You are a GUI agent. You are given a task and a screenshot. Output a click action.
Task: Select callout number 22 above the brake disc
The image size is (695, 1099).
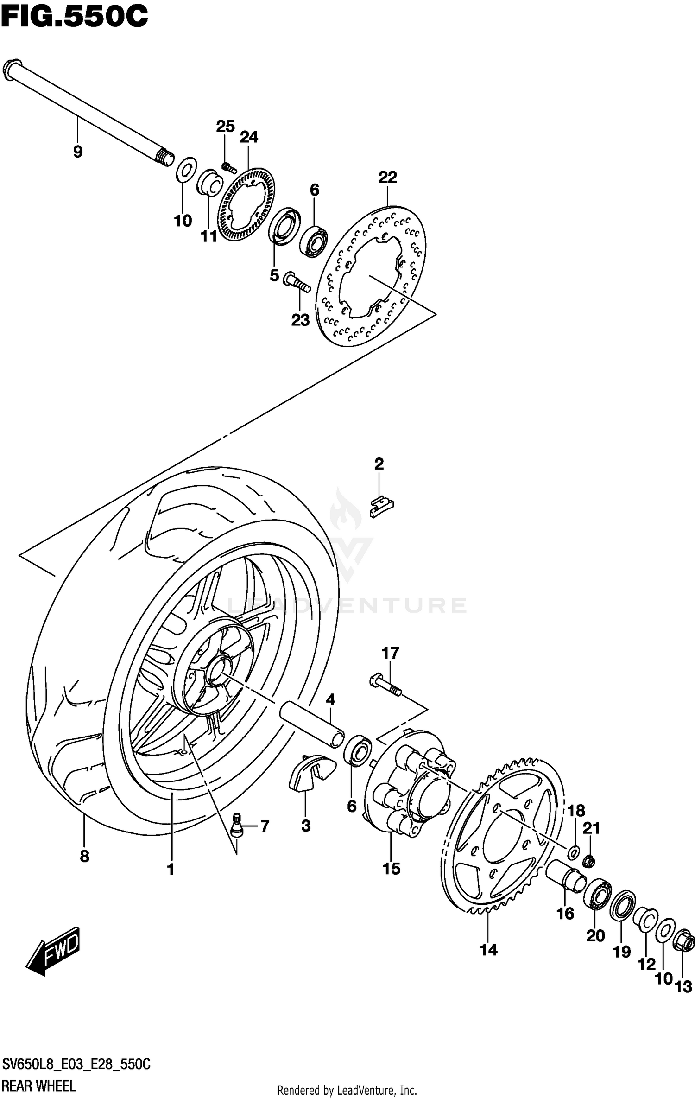click(387, 177)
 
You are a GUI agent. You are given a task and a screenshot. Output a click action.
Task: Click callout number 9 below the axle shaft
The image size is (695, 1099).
click(78, 152)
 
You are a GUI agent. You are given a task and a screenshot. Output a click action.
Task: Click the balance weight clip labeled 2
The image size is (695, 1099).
click(381, 507)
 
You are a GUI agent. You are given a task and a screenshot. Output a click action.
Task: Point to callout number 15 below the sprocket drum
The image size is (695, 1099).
click(391, 869)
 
